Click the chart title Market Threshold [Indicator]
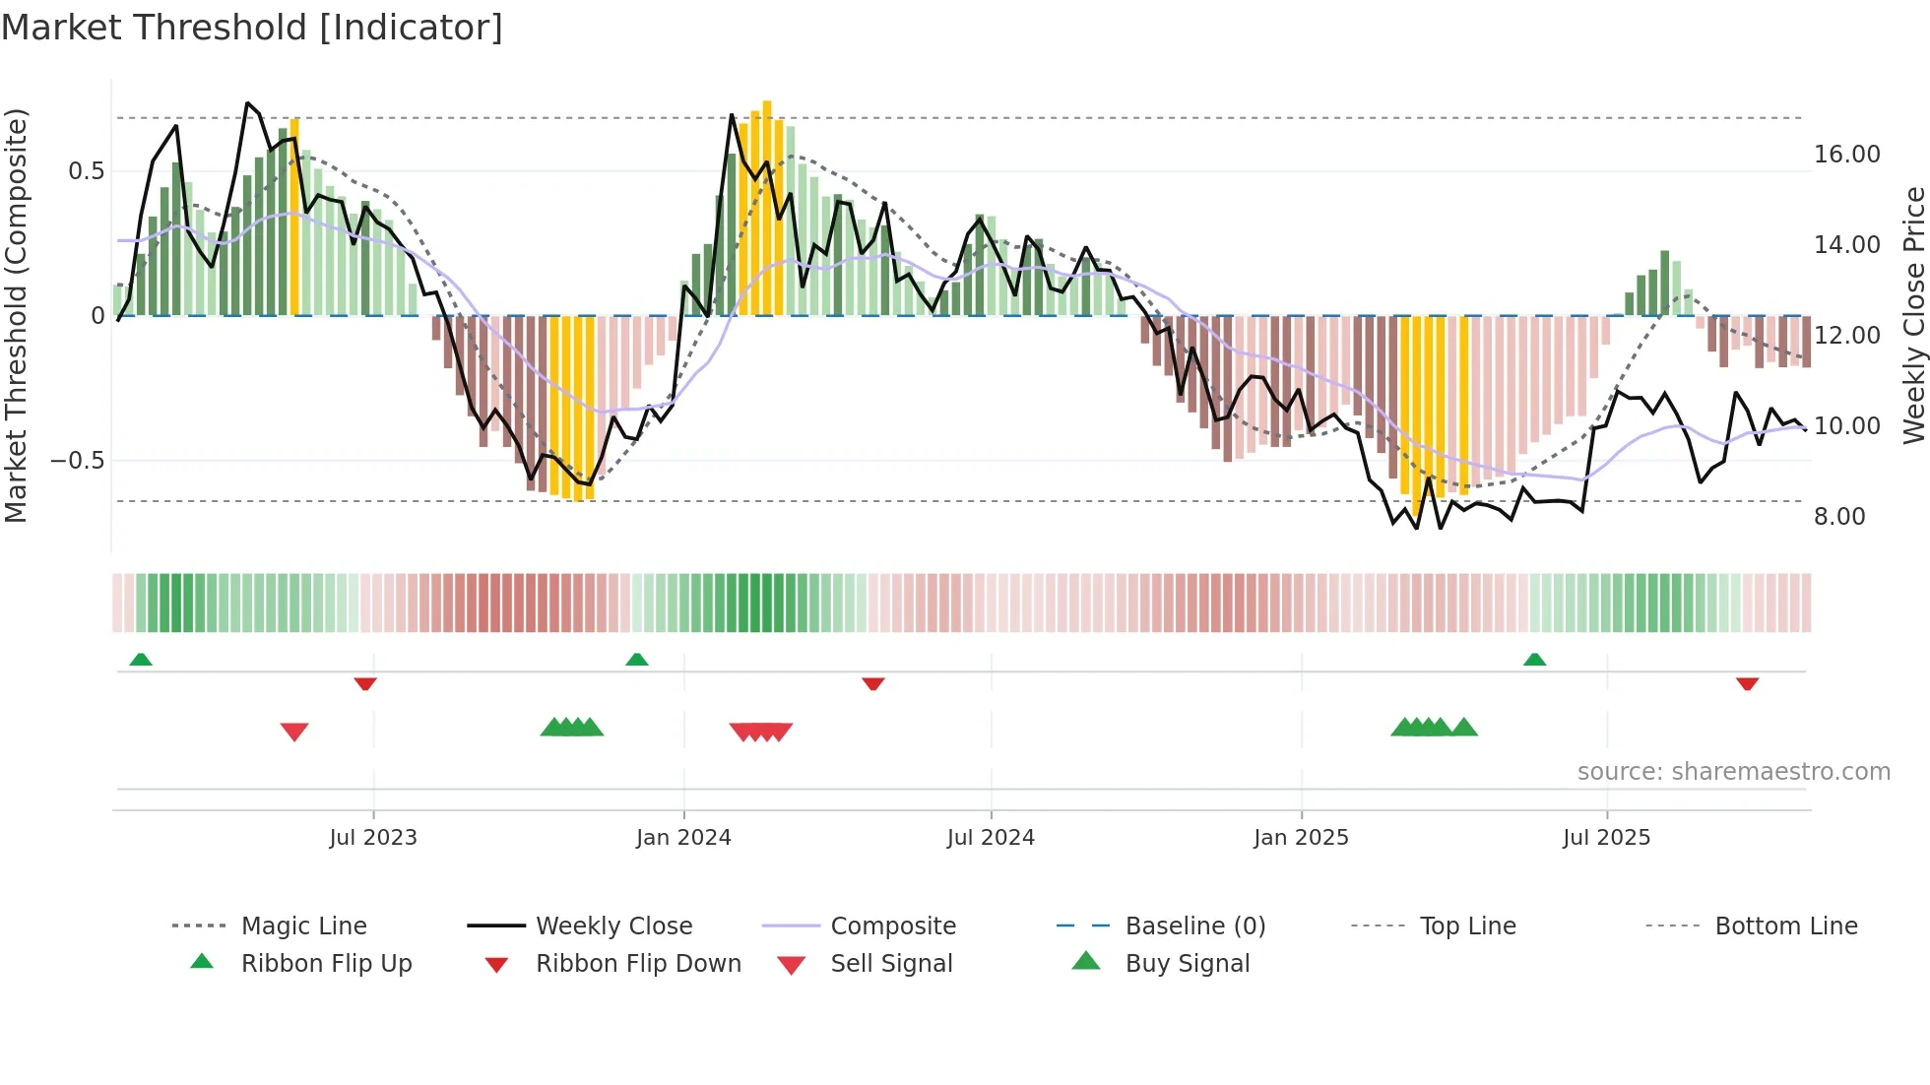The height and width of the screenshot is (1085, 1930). coord(252,28)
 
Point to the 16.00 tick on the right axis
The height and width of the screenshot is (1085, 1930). coord(1846,155)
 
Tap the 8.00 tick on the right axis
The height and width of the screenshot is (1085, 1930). coord(1838,517)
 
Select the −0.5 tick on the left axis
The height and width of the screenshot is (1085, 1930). coord(77,461)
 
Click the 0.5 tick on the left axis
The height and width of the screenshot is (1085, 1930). coord(86,171)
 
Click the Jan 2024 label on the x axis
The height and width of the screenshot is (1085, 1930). coord(683,838)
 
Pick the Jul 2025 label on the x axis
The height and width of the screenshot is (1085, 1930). coord(1606,838)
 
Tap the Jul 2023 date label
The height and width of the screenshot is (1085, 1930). coord(373,838)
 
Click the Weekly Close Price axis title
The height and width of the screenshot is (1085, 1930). coord(1913,315)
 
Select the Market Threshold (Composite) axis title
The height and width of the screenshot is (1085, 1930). coord(16,315)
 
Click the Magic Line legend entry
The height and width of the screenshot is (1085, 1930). coord(303,926)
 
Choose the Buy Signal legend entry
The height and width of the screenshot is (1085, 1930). coord(1187,964)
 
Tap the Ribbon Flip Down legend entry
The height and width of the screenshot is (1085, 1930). coord(638,964)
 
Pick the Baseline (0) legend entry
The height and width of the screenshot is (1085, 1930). coord(1194,926)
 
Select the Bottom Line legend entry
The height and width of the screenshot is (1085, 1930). coord(1785,926)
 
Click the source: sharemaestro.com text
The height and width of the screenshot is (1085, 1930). coord(1733,772)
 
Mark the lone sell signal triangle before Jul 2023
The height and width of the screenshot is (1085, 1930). coord(294,732)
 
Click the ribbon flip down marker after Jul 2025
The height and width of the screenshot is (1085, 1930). coord(1747,683)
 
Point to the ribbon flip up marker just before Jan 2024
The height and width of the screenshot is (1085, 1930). coord(637,660)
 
